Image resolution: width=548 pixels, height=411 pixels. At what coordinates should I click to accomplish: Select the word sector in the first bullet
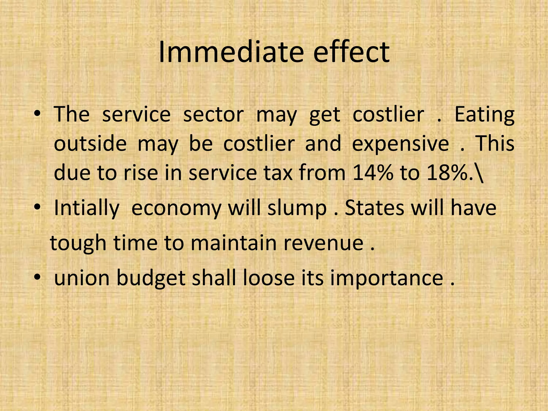213,115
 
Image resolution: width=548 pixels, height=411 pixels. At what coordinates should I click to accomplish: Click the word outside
90,143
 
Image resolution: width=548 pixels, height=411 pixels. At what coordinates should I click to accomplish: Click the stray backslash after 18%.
480,173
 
